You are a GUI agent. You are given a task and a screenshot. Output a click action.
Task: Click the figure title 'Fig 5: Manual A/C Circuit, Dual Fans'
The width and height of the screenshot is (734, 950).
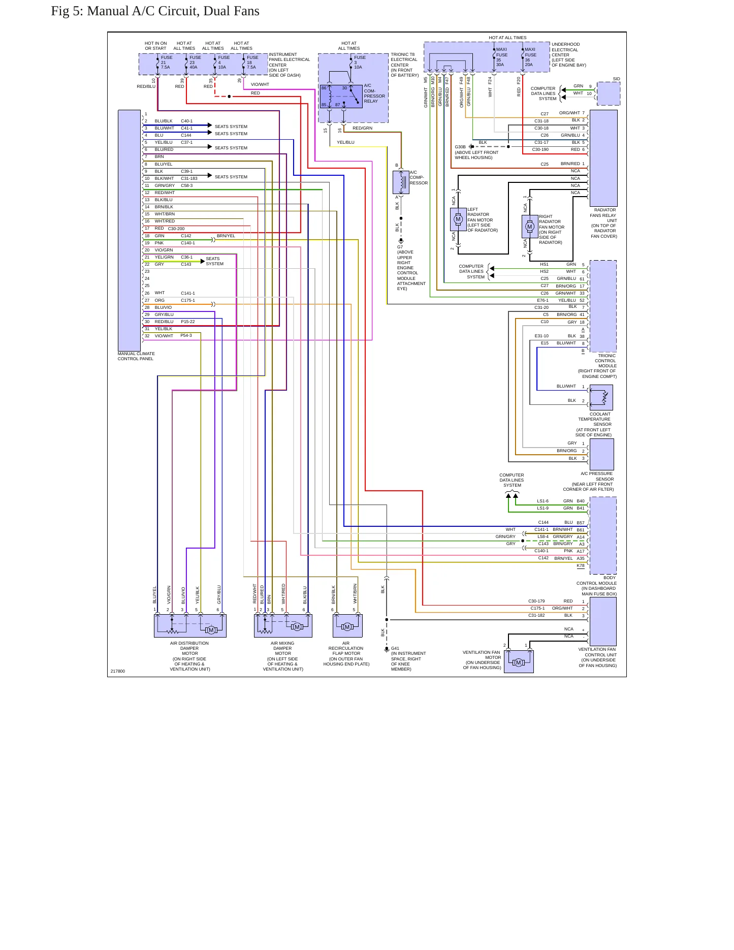pos(155,11)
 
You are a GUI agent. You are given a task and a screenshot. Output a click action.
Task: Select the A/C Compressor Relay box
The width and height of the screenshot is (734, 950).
pos(341,97)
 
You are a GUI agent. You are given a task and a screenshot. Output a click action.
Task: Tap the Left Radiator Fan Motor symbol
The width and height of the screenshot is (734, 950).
pos(459,219)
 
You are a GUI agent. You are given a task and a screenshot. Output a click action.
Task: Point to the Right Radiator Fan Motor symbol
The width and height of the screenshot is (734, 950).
pos(530,227)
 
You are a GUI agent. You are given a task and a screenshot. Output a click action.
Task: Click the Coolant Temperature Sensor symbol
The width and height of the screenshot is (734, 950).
pos(601,397)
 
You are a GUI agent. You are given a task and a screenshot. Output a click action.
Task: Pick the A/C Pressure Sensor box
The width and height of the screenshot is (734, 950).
pos(601,454)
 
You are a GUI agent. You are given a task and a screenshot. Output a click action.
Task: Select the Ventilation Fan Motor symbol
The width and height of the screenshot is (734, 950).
pos(519,662)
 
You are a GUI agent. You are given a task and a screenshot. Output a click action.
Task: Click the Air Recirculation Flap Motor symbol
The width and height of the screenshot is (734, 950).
pos(347,626)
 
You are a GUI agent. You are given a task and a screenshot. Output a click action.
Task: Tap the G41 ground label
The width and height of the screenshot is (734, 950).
pos(395,648)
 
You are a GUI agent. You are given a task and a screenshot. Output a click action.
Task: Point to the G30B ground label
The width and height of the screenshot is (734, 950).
pos(460,147)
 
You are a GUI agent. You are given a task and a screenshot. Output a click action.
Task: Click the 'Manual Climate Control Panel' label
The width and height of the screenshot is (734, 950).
pos(136,356)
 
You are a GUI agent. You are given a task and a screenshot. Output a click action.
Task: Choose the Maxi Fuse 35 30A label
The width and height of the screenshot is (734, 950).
pos(502,57)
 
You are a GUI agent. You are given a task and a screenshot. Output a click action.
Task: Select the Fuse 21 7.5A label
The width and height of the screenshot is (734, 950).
pos(166,62)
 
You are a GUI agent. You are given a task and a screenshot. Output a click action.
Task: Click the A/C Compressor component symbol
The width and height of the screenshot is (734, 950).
pos(401,182)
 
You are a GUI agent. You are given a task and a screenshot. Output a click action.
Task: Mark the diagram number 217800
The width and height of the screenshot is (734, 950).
pos(118,671)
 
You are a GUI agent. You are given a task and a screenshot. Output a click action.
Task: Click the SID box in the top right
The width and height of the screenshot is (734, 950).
pos(609,93)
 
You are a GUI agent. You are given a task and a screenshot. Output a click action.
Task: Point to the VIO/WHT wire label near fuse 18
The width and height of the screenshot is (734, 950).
pos(260,84)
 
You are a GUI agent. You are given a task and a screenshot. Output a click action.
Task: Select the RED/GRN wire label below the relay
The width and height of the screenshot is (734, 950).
pos(363,128)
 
